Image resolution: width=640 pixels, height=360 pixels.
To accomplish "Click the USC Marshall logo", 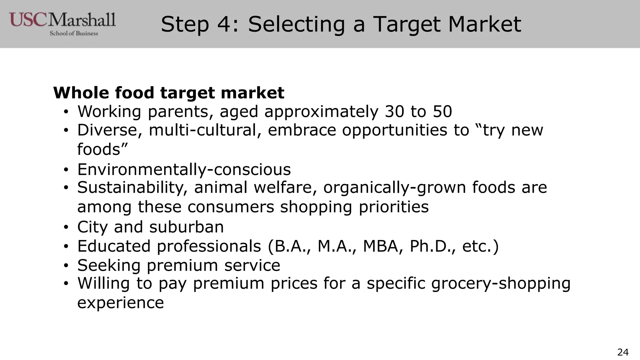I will [62, 24].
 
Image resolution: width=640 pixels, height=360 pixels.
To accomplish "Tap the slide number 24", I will [623, 352].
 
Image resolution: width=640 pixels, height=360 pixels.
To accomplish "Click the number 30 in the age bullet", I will [394, 112].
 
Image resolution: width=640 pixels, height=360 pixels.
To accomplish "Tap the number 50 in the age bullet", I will [442, 112].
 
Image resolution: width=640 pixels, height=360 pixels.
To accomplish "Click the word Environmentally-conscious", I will [184, 170].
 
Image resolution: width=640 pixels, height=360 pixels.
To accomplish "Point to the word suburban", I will [186, 227].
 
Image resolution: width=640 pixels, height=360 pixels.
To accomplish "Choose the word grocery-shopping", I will [501, 284].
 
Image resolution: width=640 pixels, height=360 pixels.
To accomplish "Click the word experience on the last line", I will [120, 302].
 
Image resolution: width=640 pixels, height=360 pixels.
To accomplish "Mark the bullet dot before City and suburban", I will [66, 227].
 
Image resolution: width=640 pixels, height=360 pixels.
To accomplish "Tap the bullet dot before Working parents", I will [66, 112].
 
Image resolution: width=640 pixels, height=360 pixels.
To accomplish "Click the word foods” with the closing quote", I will [102, 149].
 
